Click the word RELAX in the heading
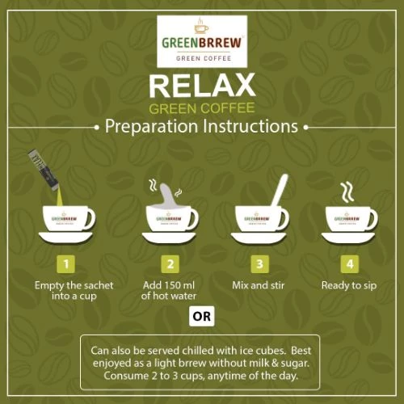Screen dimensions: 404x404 click(x=202, y=86)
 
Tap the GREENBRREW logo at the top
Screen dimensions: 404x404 click(x=202, y=41)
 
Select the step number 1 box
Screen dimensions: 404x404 click(x=66, y=264)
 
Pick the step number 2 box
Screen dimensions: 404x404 click(x=170, y=264)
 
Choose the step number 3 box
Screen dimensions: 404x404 click(x=259, y=264)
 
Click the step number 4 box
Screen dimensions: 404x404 click(x=350, y=264)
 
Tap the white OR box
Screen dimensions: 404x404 click(x=202, y=316)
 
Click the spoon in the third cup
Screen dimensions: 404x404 click(x=279, y=192)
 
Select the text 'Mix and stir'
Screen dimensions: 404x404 click(x=259, y=285)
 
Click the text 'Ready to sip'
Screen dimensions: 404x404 click(x=349, y=286)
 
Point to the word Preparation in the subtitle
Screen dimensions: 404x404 click(x=151, y=127)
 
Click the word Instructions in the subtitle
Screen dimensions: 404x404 click(x=250, y=126)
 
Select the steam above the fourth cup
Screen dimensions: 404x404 click(x=347, y=192)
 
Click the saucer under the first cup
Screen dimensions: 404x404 click(x=66, y=238)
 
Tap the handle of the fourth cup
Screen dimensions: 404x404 click(x=372, y=219)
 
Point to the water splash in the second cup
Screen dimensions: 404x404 click(x=168, y=196)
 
